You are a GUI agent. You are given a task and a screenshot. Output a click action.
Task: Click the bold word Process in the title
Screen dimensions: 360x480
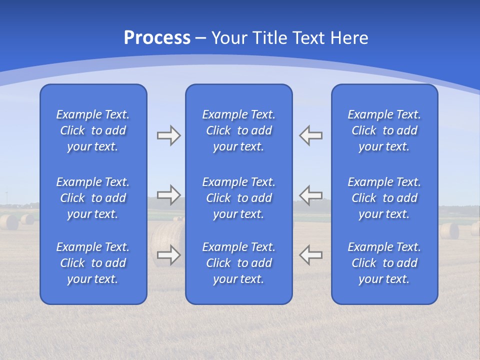click(x=157, y=38)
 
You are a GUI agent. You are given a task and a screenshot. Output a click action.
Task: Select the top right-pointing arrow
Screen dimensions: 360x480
click(x=168, y=135)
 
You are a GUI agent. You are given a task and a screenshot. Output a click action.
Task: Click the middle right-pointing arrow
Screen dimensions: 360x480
click(x=168, y=194)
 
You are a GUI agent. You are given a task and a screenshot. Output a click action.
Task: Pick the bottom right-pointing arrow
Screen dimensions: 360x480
click(x=168, y=254)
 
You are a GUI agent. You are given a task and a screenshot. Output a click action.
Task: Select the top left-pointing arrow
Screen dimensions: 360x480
click(x=310, y=135)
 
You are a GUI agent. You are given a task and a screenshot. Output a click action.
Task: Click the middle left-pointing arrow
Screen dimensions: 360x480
click(x=310, y=194)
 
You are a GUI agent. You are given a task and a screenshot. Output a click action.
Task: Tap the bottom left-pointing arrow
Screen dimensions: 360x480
click(x=310, y=254)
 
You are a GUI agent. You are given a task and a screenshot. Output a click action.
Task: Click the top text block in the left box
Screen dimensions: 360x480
click(x=93, y=130)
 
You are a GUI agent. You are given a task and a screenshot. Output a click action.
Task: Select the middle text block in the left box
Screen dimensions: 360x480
click(x=93, y=198)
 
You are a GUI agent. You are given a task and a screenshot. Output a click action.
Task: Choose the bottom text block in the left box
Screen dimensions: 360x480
click(x=93, y=263)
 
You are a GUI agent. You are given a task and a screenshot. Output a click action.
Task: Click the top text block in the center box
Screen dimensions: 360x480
click(x=239, y=130)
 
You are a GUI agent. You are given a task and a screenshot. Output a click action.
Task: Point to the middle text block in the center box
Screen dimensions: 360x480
click(x=239, y=198)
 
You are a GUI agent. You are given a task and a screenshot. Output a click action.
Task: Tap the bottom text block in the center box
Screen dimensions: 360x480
click(x=239, y=263)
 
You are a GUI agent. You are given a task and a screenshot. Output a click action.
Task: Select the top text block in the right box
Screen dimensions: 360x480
click(x=384, y=130)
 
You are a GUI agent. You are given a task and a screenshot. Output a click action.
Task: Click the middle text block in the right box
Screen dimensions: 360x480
click(x=384, y=198)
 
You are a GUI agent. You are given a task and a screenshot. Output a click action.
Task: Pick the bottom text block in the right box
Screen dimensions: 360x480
click(x=384, y=263)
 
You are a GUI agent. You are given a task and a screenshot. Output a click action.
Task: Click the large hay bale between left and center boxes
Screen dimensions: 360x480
click(x=167, y=237)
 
